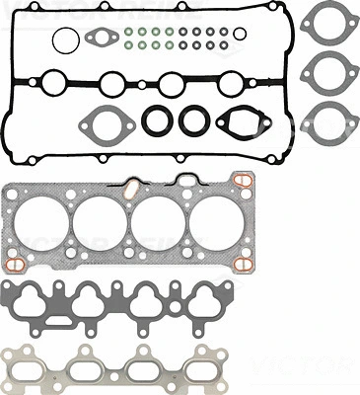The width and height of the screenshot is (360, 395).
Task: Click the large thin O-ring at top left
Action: click(x=64, y=40)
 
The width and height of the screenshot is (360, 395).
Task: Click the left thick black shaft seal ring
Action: click(x=157, y=120)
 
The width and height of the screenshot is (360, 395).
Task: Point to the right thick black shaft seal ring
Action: click(x=191, y=120)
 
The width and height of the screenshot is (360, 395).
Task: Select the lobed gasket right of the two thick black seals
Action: click(x=238, y=122)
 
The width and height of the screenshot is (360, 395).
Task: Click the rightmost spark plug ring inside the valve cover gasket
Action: click(x=229, y=83)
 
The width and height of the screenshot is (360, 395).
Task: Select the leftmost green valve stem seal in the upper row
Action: click(x=129, y=31)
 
